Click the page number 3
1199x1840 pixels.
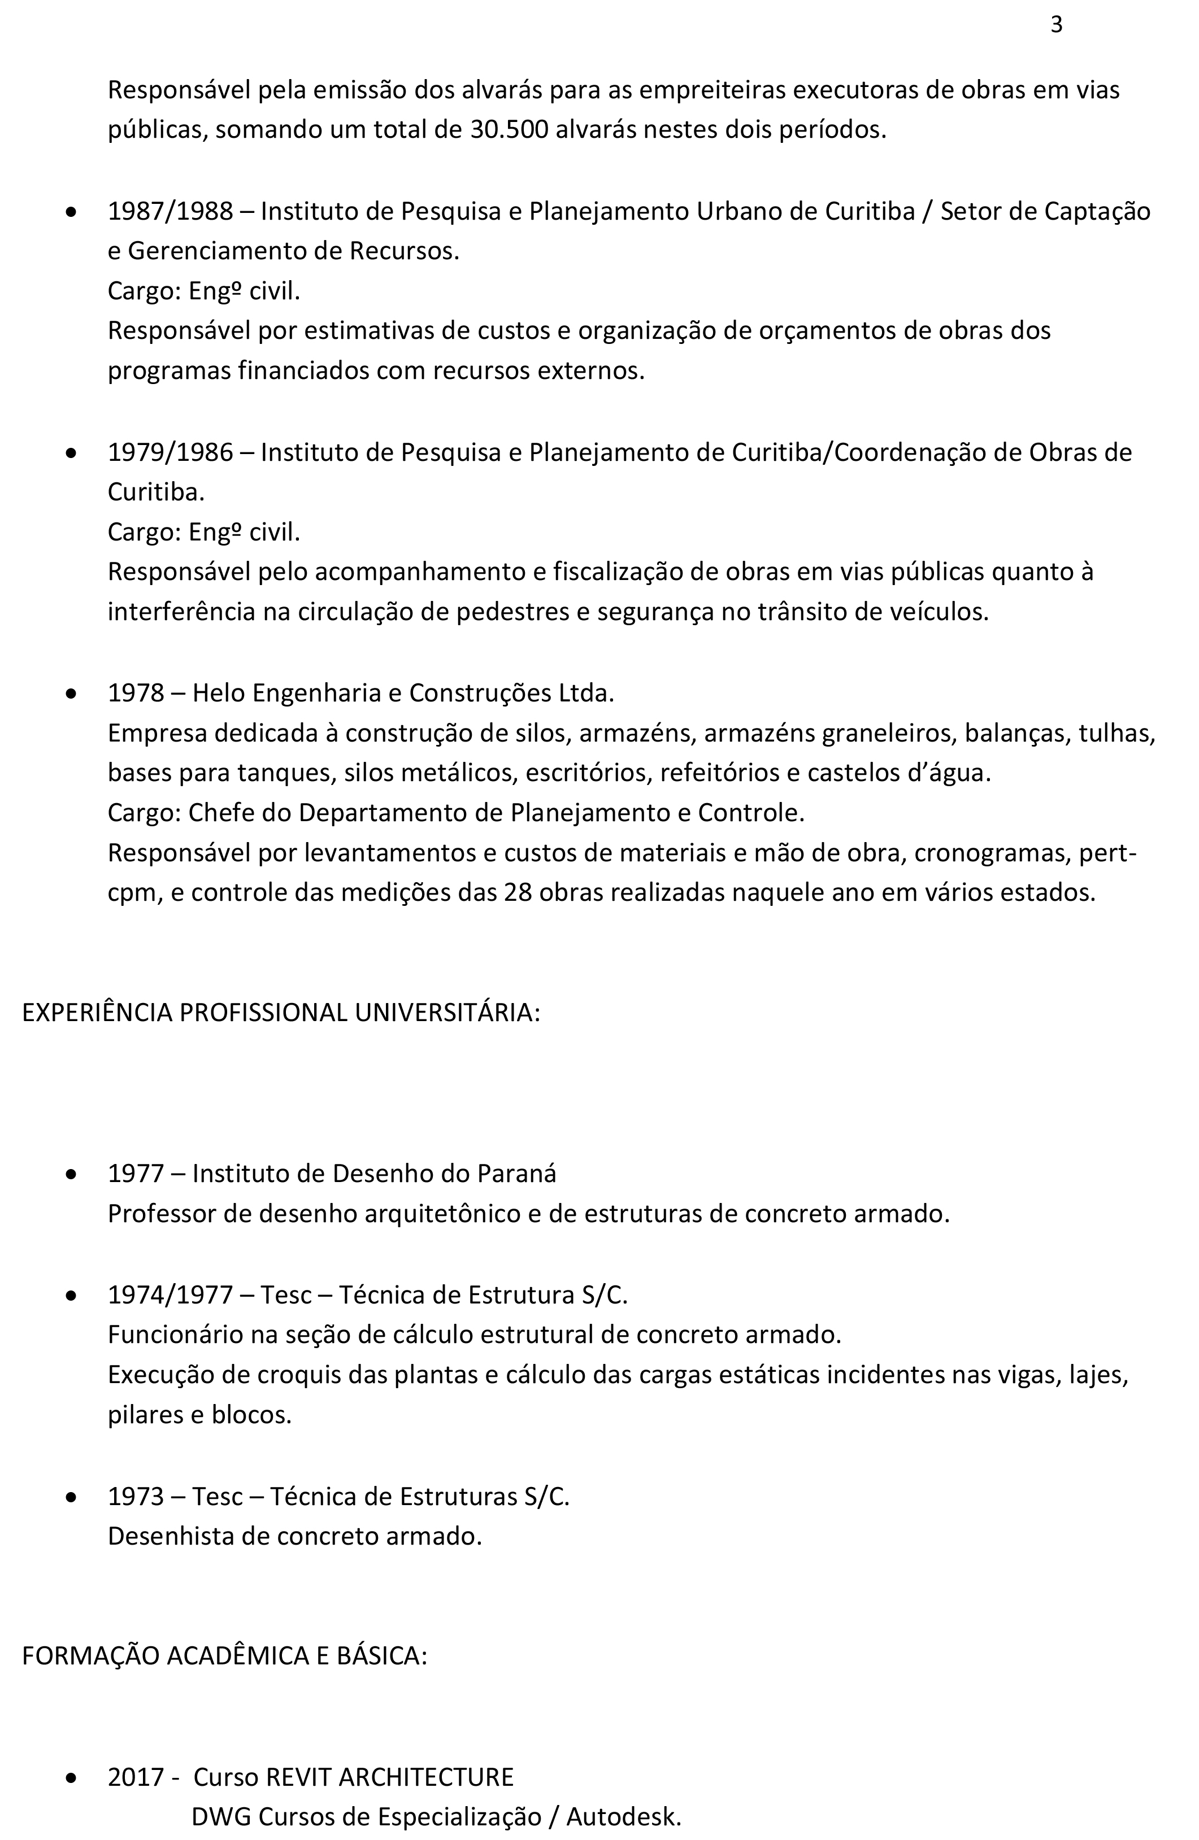pos(1056,25)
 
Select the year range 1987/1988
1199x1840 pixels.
pos(170,211)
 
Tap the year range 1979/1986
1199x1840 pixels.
pos(170,452)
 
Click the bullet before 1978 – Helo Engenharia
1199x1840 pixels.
pos(71,694)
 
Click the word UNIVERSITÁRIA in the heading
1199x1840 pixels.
pos(446,1012)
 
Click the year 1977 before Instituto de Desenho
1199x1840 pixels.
pos(136,1174)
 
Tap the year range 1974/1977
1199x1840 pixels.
pos(170,1294)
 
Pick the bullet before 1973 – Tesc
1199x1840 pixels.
pos(71,1498)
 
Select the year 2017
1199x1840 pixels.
pos(136,1777)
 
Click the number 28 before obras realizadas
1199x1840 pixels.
pos(518,892)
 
